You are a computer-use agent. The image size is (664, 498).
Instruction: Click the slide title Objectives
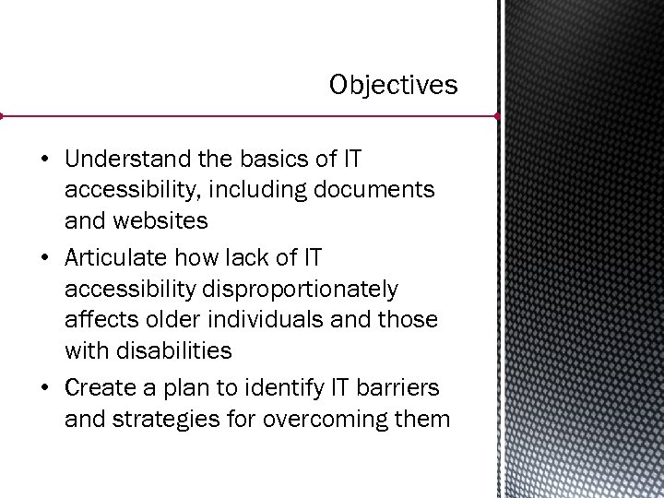tap(393, 86)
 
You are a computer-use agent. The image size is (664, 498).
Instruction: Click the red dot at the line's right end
tap(497, 117)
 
